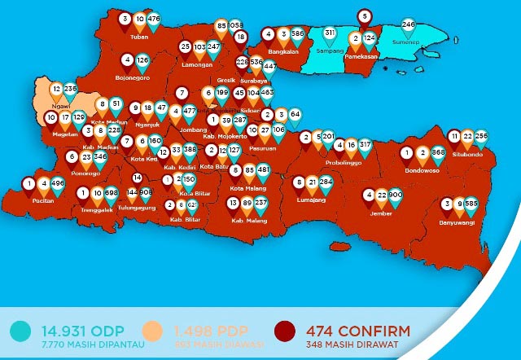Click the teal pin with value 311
point(330,33)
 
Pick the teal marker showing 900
point(396,196)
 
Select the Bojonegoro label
point(133,78)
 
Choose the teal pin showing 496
point(57,185)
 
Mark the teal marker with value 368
point(438,153)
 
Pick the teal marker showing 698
point(112,194)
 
